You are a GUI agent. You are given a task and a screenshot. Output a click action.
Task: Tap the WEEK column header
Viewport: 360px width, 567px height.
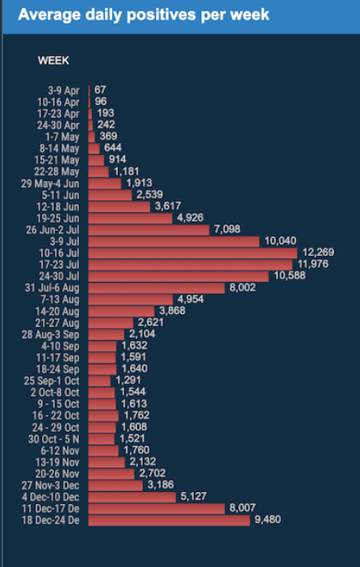(53, 61)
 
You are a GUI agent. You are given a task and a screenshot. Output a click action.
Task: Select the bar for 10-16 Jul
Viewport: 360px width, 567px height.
(192, 253)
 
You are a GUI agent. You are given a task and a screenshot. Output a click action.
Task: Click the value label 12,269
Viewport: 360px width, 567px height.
(316, 253)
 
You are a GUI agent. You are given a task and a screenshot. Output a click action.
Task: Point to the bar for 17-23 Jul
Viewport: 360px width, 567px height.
(190, 264)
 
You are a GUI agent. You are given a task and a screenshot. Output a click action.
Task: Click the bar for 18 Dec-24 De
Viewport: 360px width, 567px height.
(169, 520)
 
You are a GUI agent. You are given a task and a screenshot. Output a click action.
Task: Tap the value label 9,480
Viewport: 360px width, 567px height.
(270, 520)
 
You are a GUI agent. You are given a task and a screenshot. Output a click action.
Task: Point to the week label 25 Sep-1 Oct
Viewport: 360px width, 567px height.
(52, 380)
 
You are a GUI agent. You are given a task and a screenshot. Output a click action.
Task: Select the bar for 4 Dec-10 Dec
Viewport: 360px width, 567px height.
(132, 498)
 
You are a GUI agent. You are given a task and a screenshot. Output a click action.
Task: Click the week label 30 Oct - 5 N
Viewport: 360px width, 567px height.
(53, 439)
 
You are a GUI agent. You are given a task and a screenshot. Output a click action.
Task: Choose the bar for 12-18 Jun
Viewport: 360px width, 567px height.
(117, 206)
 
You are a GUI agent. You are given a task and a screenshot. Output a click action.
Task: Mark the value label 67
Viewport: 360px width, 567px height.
(100, 90)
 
